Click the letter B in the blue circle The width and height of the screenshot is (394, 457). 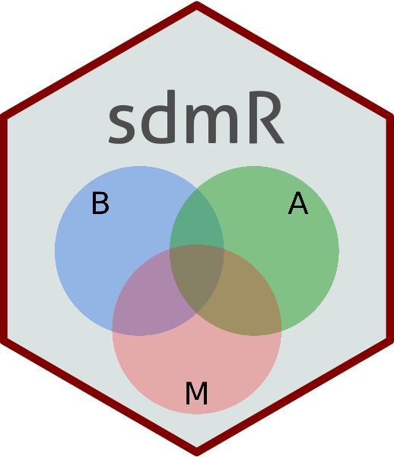point(100,203)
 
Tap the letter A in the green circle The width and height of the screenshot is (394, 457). point(298,203)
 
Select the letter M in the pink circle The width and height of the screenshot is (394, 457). point(197,393)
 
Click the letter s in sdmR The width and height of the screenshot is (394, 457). point(122,123)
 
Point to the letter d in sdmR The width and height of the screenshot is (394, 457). point(159,117)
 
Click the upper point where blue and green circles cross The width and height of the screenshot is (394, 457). point(197,189)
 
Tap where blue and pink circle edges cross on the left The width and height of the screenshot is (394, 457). point(113,331)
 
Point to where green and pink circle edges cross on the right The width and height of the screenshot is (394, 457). point(281,331)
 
